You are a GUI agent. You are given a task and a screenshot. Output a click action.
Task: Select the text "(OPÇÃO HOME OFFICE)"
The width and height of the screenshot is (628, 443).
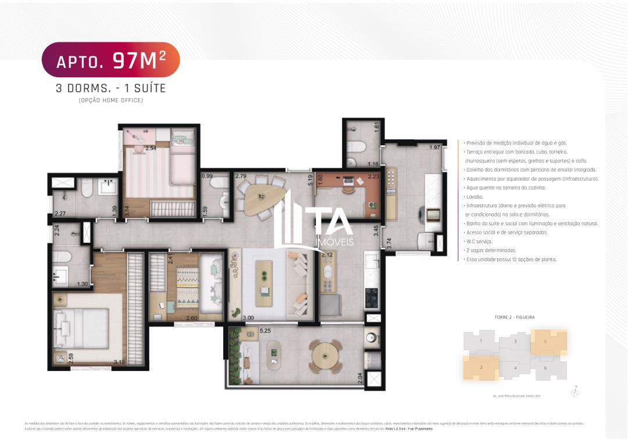[x=110, y=100]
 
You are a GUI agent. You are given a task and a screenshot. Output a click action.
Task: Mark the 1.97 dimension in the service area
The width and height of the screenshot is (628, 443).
[x=434, y=147]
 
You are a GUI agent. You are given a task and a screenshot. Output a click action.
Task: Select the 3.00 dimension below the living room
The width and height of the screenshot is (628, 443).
[x=248, y=318]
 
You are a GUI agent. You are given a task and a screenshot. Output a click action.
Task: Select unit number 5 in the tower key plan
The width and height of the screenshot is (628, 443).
[x=545, y=342]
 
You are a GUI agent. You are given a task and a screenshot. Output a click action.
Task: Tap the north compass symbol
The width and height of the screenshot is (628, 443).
[x=575, y=392]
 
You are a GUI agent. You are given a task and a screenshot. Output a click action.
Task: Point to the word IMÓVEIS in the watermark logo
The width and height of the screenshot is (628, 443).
[x=333, y=242]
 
